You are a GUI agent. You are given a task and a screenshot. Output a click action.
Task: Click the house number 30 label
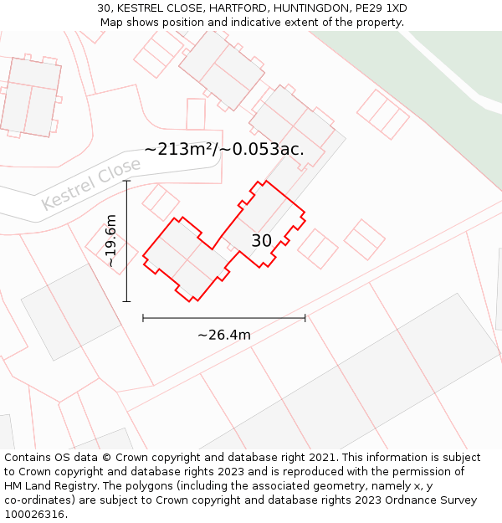point(261,241)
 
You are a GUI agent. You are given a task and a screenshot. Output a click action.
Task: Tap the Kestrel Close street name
point(91,184)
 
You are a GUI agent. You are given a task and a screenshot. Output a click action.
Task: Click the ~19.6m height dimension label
point(110,241)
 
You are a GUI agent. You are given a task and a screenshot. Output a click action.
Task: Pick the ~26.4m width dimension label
point(224,335)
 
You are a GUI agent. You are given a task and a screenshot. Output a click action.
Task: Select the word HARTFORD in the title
point(217,8)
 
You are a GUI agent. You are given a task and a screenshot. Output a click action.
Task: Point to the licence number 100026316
point(34,515)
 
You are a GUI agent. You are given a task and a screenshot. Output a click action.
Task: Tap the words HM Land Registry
point(48,486)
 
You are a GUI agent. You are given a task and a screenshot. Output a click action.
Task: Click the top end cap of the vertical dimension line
point(127,181)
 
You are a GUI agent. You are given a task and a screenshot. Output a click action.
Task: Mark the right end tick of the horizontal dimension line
point(305,318)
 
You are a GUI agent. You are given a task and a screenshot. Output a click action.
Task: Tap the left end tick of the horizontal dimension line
point(143,318)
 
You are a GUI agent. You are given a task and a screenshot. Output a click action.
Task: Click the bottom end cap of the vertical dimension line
point(127,301)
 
